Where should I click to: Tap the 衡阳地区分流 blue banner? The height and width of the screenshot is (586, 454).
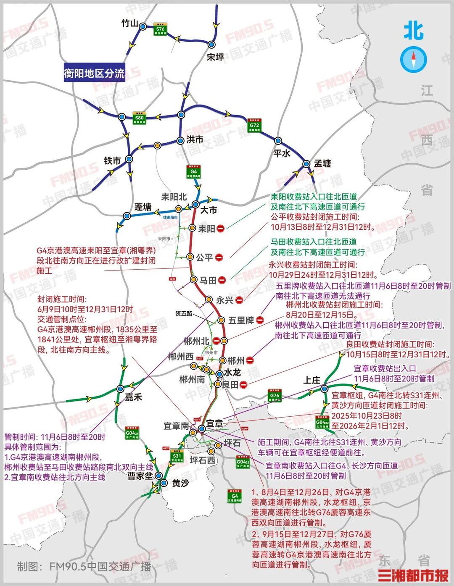tap(94, 73)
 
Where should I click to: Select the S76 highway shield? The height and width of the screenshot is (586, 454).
tap(160, 29)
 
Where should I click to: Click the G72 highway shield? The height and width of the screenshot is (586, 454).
tap(254, 125)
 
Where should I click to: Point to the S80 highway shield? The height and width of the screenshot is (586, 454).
tap(139, 118)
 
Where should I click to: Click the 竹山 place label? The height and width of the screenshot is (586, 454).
tap(129, 24)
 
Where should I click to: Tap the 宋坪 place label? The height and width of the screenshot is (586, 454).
tap(215, 57)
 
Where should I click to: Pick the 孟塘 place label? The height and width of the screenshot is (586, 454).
tap(322, 163)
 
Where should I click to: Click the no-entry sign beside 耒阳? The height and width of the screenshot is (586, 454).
tap(220, 228)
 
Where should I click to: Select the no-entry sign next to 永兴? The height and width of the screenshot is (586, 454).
tap(239, 300)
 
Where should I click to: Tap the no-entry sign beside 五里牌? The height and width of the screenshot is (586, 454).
tap(260, 320)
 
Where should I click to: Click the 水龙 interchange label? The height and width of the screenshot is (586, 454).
tap(232, 373)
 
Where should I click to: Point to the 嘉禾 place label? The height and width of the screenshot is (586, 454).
tap(133, 397)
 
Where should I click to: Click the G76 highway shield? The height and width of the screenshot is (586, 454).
tap(275, 395)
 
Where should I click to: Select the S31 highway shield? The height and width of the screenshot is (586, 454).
tap(177, 456)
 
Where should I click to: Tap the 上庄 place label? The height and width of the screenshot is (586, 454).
tap(312, 380)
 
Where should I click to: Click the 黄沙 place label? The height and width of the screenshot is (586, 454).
tap(180, 484)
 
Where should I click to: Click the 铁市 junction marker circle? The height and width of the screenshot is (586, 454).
tap(129, 159)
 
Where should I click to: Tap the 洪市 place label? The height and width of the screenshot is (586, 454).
tap(195, 139)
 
